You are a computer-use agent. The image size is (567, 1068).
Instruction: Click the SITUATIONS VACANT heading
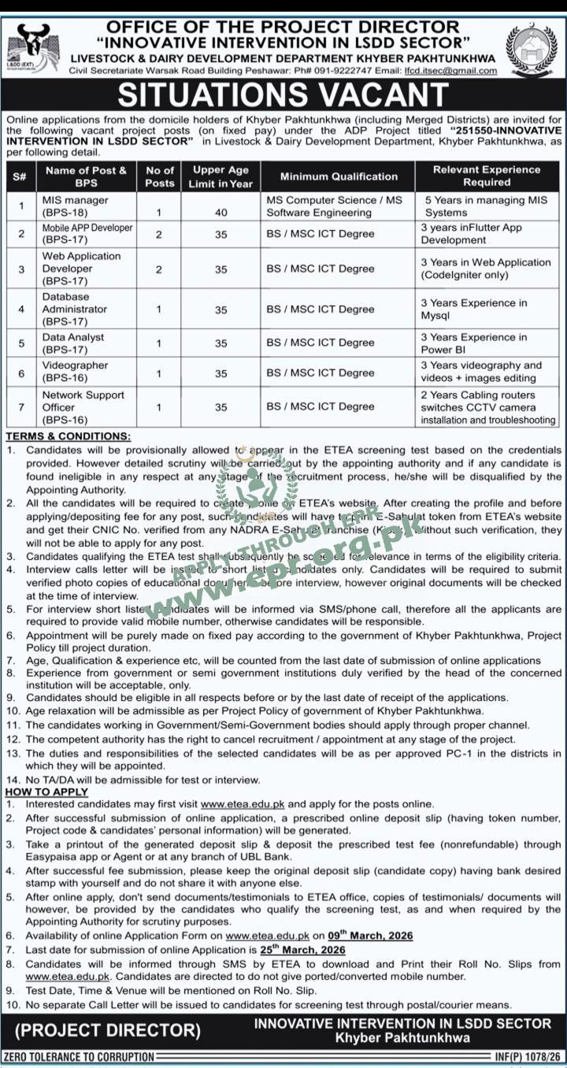(x=283, y=94)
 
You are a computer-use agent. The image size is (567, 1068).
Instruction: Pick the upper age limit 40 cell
(x=220, y=213)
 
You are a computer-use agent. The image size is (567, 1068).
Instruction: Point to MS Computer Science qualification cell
(x=334, y=206)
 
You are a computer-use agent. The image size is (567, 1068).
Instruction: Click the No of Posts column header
(x=160, y=176)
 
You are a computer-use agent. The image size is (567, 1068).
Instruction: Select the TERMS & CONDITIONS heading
(x=69, y=436)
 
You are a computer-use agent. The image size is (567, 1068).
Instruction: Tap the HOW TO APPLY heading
(x=47, y=792)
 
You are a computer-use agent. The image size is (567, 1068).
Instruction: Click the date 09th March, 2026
(x=371, y=936)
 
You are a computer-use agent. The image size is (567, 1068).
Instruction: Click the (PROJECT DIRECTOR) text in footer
(x=108, y=1029)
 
